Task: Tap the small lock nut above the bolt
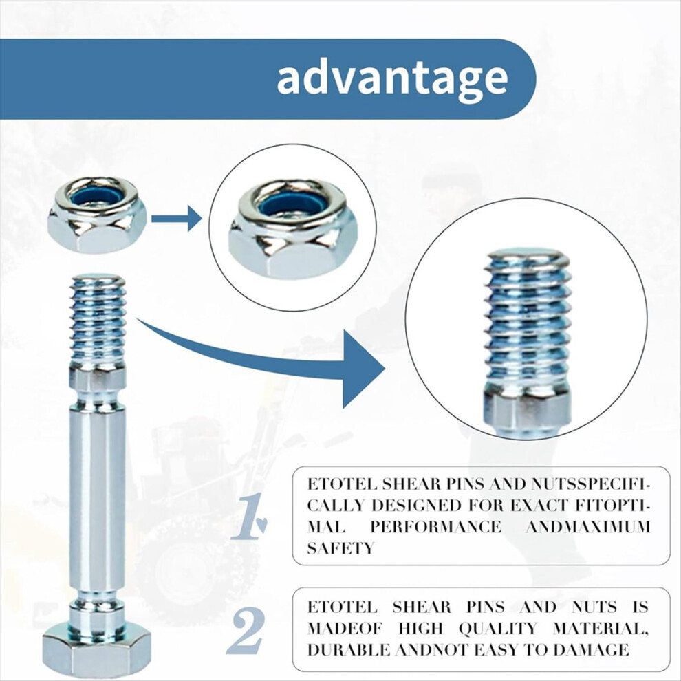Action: click(x=96, y=215)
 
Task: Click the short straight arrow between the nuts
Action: click(x=176, y=218)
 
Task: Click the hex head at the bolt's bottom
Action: click(x=96, y=651)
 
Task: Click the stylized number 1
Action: click(x=249, y=516)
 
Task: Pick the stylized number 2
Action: click(x=246, y=631)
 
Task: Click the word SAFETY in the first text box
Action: click(x=340, y=548)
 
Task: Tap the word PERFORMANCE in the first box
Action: click(x=435, y=527)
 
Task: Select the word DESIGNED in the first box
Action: click(x=416, y=506)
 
